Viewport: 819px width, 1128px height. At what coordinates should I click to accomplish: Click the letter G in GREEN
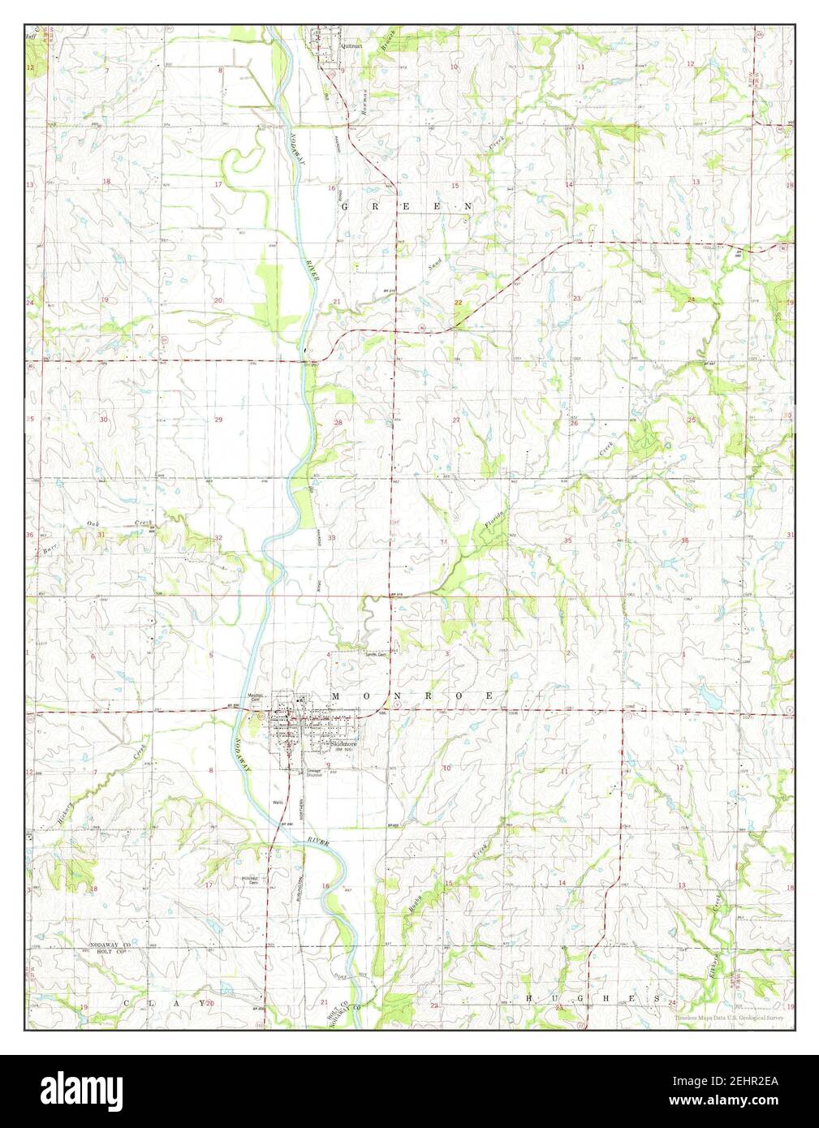click(345, 207)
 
